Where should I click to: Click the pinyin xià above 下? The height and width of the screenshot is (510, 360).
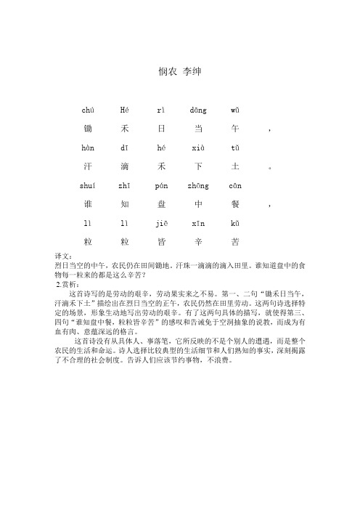click(198, 148)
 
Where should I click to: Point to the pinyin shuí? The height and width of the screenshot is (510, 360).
click(87, 185)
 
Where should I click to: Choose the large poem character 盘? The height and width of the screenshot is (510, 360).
click(161, 203)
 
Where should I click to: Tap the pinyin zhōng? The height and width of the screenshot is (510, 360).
click(198, 185)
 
